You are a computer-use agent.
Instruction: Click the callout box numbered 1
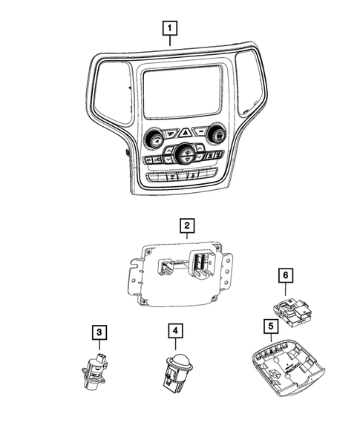[171, 30]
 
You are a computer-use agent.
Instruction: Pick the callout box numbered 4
[176, 330]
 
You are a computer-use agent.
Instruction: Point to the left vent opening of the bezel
[109, 89]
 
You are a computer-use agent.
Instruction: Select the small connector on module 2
[168, 265]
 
